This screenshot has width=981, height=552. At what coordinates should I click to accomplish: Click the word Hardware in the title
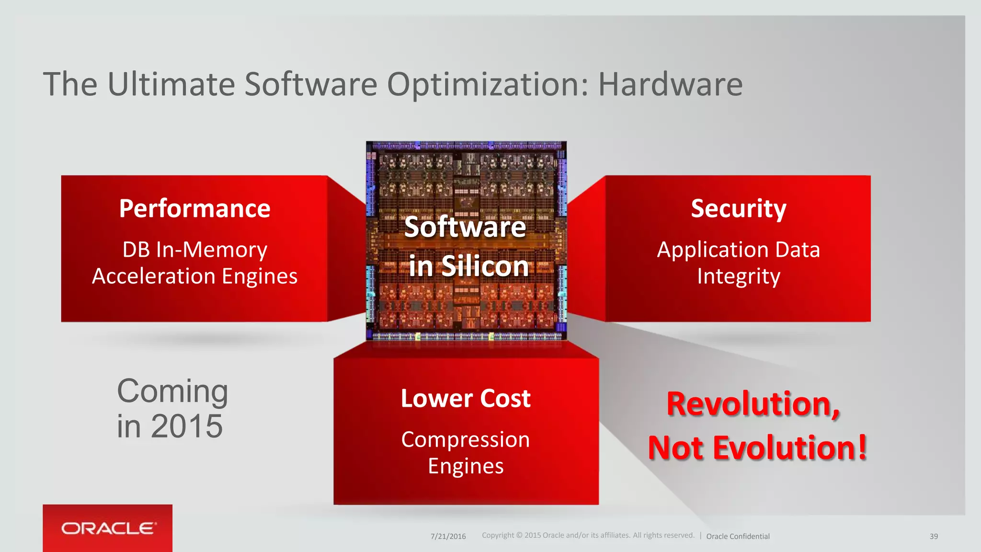click(670, 84)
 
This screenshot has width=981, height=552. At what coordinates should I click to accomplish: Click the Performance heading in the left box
click(194, 208)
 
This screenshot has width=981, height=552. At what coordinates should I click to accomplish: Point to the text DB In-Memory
click(194, 250)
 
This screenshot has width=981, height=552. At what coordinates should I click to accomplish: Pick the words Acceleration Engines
click(194, 276)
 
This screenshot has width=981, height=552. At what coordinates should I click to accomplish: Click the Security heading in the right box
click(738, 208)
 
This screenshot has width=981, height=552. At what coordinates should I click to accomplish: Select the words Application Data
click(738, 250)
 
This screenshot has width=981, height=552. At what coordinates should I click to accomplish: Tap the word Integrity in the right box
click(738, 277)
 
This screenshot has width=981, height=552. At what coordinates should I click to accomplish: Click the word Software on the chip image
click(465, 227)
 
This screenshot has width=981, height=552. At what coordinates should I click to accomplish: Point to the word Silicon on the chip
click(485, 266)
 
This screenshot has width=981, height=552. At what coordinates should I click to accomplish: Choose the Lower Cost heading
click(466, 398)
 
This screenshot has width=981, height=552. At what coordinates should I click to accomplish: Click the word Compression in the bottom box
click(466, 439)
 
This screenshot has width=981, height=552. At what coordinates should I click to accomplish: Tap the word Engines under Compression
click(466, 466)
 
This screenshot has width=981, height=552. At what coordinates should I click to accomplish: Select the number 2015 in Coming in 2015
click(187, 426)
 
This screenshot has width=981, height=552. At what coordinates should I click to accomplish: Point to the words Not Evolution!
click(757, 448)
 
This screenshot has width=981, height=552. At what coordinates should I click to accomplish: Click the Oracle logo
click(108, 528)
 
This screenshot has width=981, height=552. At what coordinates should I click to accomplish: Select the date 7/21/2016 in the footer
click(448, 536)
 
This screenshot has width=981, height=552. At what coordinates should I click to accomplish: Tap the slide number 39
click(934, 536)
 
